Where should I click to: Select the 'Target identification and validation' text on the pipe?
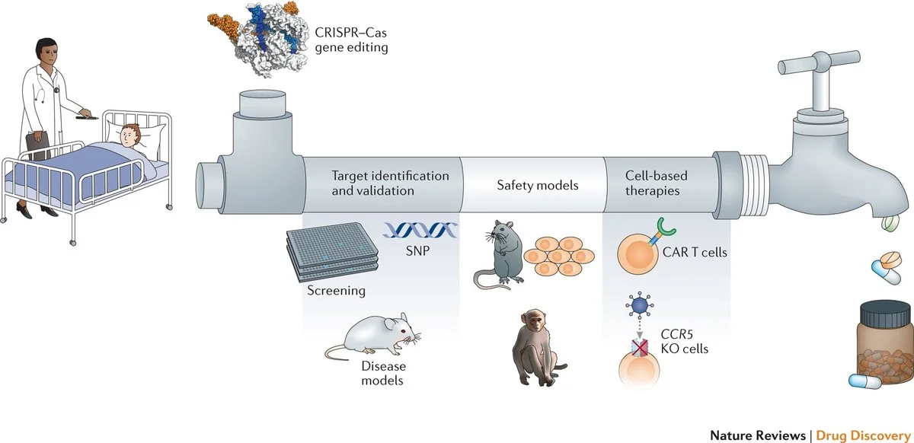(x=390, y=183)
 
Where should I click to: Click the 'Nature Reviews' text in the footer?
(x=757, y=435)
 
